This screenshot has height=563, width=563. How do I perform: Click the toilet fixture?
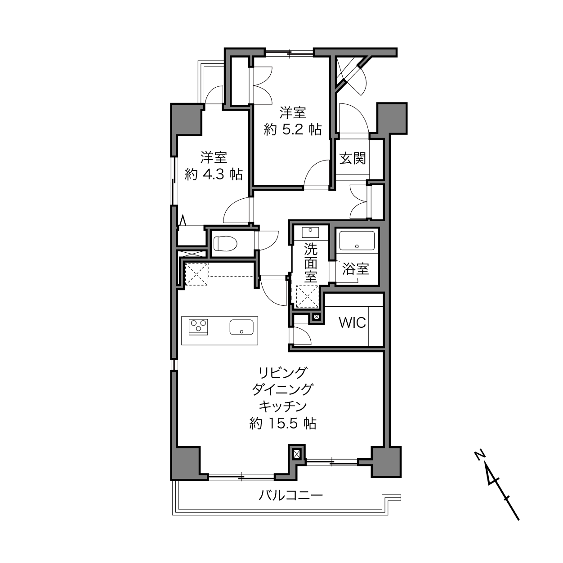[x=224, y=243]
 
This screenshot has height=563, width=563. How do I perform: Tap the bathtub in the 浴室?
[x=357, y=241]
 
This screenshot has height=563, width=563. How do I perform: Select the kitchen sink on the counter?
[x=241, y=327]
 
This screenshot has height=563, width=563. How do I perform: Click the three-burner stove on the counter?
[x=198, y=327]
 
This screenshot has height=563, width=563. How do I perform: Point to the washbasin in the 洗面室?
[x=310, y=232]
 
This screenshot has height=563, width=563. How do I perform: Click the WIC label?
[x=353, y=322]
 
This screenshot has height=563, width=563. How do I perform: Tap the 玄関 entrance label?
[x=353, y=159]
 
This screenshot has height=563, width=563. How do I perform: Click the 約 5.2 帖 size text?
[x=293, y=130]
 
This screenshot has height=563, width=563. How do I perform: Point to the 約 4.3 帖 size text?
[x=214, y=174]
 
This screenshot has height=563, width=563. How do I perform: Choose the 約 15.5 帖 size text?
[x=283, y=423]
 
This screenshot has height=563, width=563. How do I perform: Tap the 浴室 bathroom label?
[x=355, y=269]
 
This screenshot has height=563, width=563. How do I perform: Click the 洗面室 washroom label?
[x=311, y=263]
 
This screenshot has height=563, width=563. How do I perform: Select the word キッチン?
[x=283, y=407]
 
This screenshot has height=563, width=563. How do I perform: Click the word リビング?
[x=283, y=373]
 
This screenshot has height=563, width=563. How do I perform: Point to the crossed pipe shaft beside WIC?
[x=317, y=317]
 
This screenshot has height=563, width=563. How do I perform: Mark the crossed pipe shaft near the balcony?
[x=296, y=454]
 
